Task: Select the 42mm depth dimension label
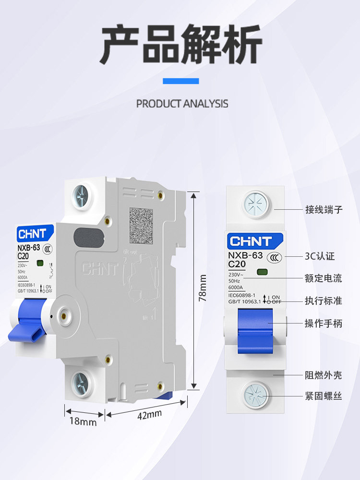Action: click(x=149, y=413)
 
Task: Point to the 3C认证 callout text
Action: click(x=320, y=256)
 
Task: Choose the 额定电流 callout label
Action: click(x=324, y=278)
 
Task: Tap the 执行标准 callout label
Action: click(x=324, y=301)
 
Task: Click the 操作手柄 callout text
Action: click(x=324, y=323)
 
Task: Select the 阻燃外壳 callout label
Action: click(x=324, y=375)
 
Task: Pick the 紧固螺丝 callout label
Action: click(x=324, y=396)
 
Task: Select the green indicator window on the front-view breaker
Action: click(x=262, y=273)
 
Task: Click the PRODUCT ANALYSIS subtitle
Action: click(x=182, y=104)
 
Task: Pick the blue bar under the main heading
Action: click(x=180, y=81)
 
